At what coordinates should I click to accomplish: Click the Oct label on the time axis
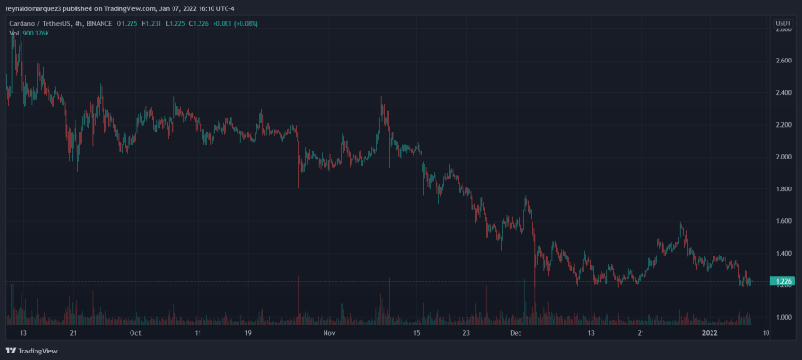135,332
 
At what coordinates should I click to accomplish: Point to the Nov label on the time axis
327,332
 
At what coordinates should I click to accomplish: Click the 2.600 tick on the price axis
781,61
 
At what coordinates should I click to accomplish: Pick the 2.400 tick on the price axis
781,92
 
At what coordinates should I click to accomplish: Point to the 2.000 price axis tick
781,157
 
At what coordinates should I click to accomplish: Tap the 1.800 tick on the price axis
781,188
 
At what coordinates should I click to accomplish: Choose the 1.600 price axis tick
781,221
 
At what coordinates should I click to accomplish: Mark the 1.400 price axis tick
781,253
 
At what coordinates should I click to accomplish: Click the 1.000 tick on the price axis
781,317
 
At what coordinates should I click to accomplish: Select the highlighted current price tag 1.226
781,281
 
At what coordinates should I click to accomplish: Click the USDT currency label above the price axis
781,21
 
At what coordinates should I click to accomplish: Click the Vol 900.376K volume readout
31,32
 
